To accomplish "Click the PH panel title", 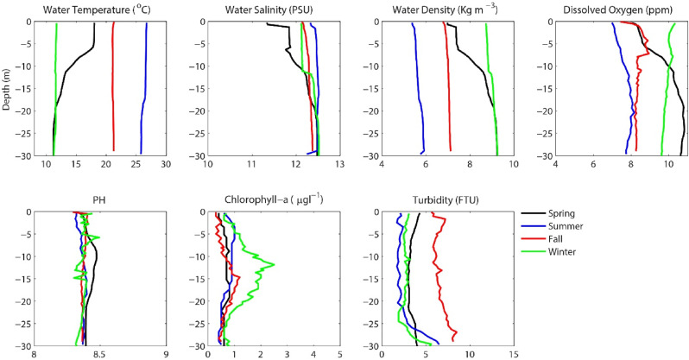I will [100, 201].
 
